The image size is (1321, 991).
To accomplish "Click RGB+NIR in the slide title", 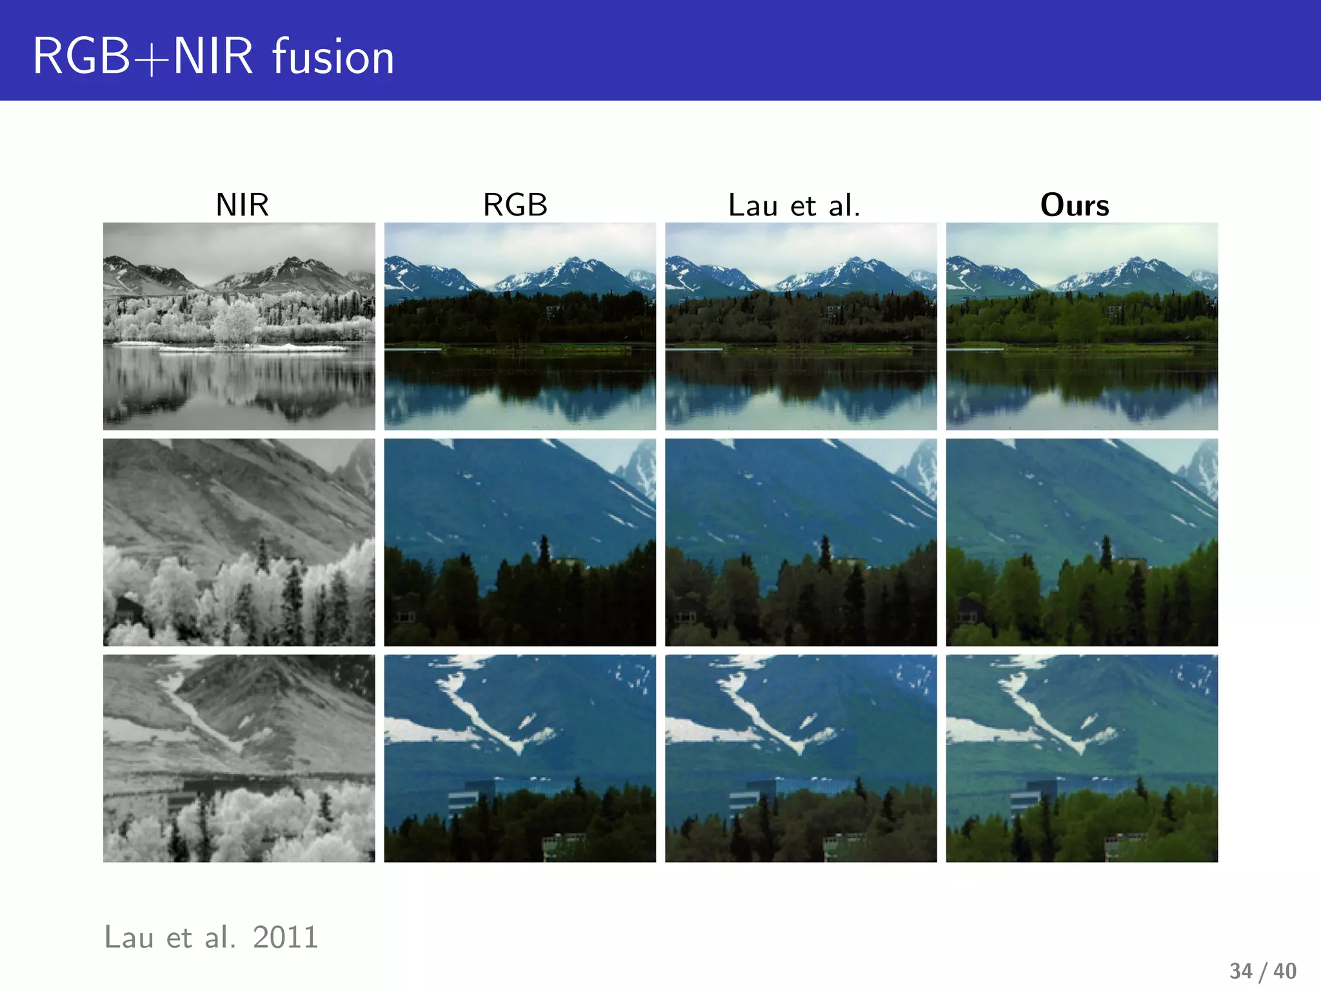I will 143,57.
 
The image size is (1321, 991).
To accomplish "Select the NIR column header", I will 242,205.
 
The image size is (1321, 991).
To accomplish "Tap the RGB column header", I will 515,205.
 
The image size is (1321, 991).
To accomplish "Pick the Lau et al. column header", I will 794,206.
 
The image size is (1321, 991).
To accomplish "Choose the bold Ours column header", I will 1075,205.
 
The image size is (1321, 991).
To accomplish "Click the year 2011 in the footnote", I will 285,937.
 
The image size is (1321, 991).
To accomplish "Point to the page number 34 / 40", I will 1262,970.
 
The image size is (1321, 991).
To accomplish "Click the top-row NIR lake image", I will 239,326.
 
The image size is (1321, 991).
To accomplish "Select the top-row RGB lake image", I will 520,326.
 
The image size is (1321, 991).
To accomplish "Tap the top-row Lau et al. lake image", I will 800,326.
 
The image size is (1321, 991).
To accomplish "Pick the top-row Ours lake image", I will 1082,326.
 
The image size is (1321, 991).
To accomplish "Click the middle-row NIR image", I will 239,542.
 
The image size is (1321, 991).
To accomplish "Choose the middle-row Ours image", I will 1082,542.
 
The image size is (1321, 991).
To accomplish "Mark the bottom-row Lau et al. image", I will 800,758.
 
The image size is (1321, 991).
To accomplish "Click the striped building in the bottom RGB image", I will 463,799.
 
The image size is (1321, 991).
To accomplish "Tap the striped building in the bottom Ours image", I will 1026,799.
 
